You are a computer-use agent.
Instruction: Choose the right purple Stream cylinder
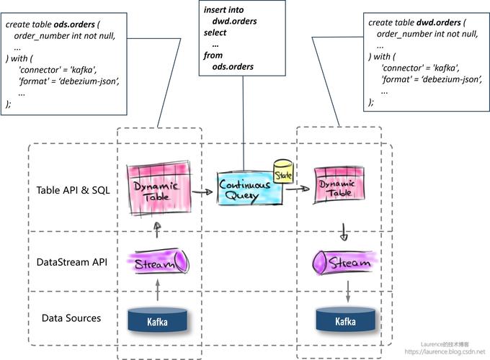[344, 263]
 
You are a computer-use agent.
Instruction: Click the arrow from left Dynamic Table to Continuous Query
[203, 193]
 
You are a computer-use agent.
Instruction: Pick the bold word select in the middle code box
[215, 33]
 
